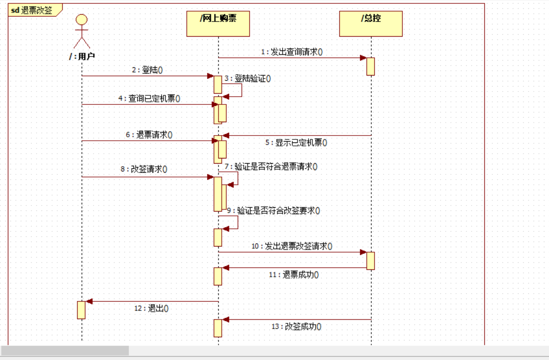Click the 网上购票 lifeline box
point(218,24)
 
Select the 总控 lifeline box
point(371,24)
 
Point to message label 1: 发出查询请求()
point(292,52)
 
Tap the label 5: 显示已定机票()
point(296,143)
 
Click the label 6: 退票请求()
point(149,135)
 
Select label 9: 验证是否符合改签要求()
point(274,211)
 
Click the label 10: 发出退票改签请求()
point(292,246)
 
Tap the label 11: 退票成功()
point(294,275)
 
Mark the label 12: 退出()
point(151,309)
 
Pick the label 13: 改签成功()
point(297,327)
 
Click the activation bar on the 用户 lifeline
point(81,310)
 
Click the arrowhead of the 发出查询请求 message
point(363,58)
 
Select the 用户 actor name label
point(82,56)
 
